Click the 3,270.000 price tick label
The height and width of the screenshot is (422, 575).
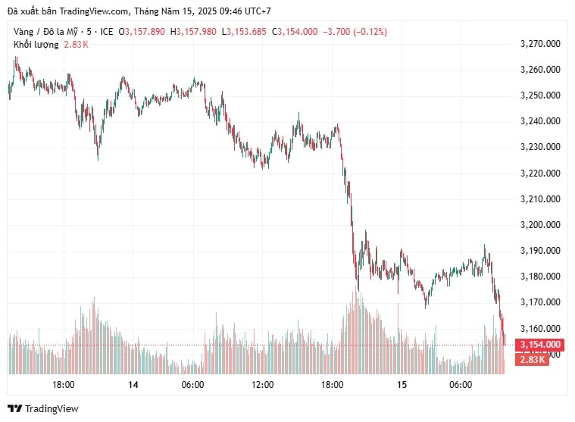[x=540, y=44]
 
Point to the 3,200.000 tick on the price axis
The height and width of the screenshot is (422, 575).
[x=540, y=225]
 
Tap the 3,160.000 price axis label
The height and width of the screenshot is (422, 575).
[x=540, y=329]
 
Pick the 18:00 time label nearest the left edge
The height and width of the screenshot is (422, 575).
[x=63, y=385]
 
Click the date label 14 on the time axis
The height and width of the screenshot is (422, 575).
[x=133, y=385]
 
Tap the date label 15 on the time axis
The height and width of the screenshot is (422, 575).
[x=402, y=385]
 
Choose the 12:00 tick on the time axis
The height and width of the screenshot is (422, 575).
[x=262, y=385]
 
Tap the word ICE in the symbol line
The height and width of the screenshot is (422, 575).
[x=106, y=31]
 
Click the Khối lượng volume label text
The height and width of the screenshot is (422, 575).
[x=36, y=45]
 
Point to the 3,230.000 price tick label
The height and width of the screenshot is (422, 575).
[x=540, y=147]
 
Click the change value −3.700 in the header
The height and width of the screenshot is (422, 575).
[x=335, y=31]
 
